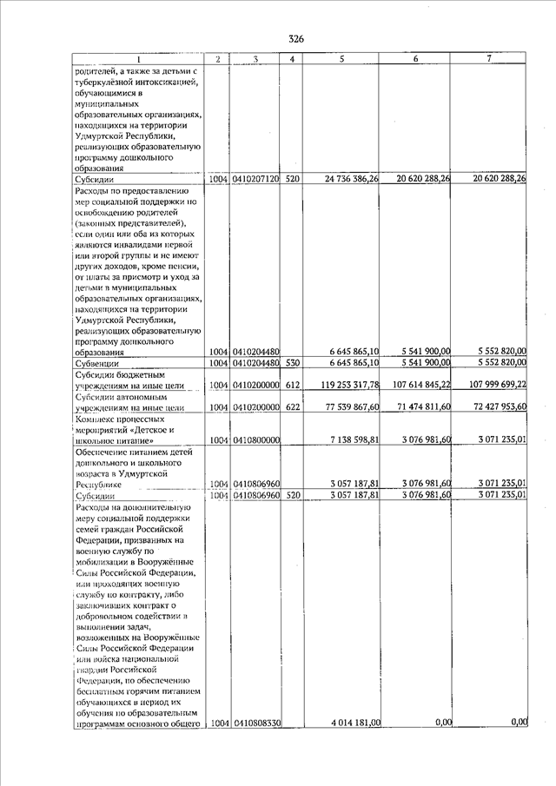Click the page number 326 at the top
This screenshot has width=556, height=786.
tap(295, 39)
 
